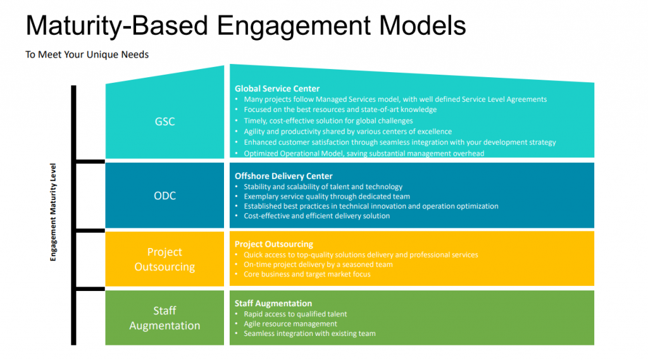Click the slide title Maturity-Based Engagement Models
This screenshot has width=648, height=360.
point(246,26)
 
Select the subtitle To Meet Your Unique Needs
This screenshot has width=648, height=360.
point(87,54)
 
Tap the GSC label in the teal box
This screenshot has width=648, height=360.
point(165,121)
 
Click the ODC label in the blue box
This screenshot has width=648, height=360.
point(165,196)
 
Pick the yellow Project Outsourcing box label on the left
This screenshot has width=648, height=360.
point(165,259)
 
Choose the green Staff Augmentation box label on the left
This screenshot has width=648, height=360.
point(165,318)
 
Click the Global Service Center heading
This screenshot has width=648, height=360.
point(277,89)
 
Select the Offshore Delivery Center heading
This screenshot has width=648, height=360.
point(283,176)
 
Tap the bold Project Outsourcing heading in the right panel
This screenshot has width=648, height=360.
point(274,244)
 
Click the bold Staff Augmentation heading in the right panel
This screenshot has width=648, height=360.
point(273,303)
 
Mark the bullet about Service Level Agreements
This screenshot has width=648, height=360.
point(395,99)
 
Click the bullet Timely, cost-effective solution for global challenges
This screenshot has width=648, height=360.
point(328,121)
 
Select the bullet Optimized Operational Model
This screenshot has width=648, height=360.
point(364,153)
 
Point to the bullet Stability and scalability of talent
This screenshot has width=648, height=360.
point(323,187)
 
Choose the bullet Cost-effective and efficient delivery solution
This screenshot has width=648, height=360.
point(316,216)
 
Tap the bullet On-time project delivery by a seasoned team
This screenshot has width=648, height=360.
point(318,264)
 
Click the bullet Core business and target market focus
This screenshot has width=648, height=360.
point(307,275)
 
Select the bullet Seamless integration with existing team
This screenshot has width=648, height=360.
point(309,333)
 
